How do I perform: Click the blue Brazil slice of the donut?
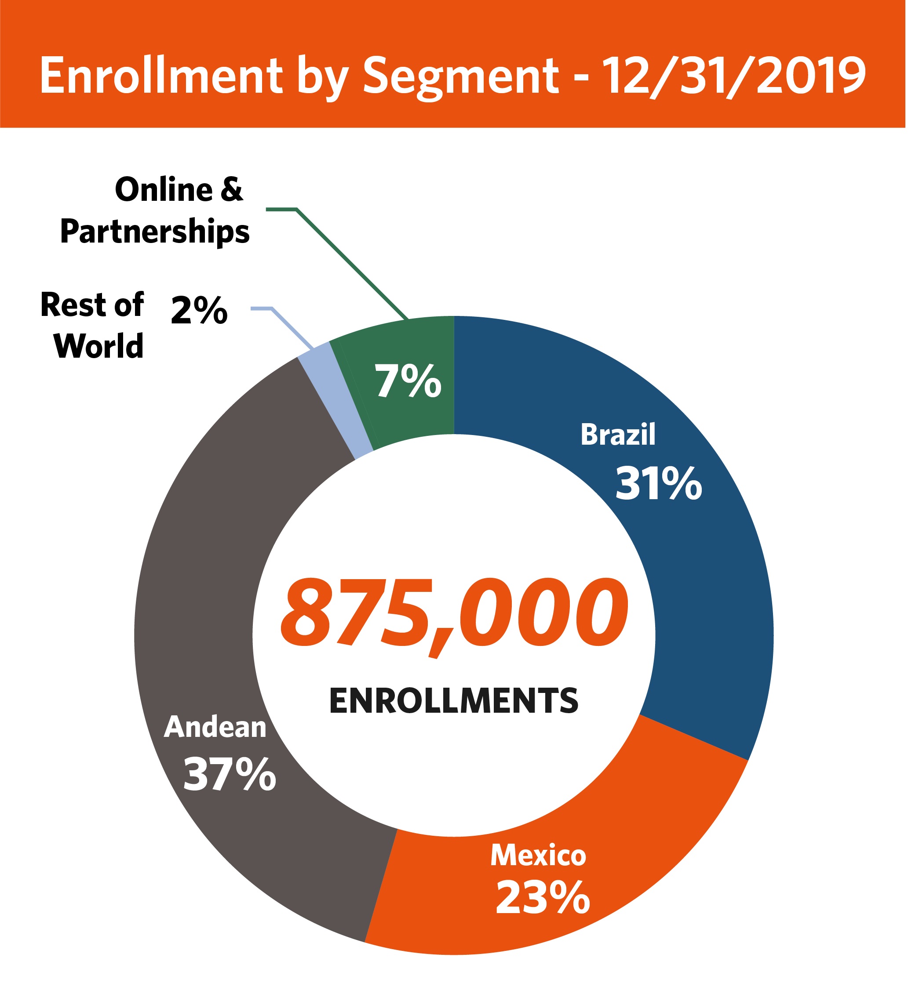tap(698, 573)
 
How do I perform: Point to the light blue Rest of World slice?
tap(334, 399)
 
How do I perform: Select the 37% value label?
tap(230, 774)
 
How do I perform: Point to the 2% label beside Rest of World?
tap(199, 310)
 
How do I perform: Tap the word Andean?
tap(215, 727)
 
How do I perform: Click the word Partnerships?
tap(155, 232)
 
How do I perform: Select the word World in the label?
tap(99, 346)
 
